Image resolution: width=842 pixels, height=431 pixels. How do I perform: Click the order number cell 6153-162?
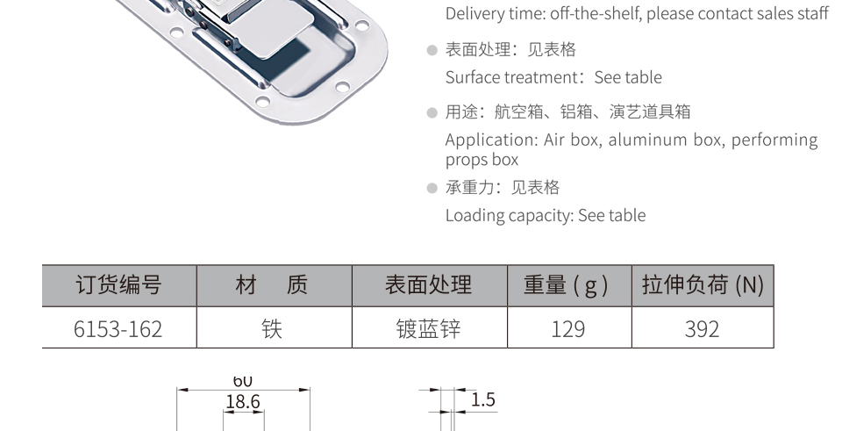point(118,329)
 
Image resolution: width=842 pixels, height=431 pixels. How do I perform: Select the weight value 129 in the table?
point(568,329)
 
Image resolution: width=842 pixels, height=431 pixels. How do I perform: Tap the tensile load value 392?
point(702,329)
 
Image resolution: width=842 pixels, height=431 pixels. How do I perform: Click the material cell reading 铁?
point(272,329)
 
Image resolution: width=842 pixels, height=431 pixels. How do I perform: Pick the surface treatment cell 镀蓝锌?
point(429,329)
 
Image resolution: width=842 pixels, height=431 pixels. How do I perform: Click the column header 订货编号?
point(118,284)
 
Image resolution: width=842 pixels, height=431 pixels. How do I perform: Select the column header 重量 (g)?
point(566,284)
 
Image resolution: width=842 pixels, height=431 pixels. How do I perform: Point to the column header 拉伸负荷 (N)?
point(703,284)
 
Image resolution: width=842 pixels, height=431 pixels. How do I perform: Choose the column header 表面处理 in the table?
point(429,284)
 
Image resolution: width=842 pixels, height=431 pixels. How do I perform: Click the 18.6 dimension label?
point(243,401)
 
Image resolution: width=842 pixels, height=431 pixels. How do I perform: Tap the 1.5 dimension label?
point(482,399)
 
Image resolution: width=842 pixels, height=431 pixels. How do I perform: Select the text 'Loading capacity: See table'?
point(546,216)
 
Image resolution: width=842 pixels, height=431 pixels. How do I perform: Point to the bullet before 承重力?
point(432,188)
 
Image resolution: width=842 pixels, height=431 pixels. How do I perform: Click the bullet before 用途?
point(432,113)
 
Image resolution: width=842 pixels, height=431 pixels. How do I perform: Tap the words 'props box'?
point(482,160)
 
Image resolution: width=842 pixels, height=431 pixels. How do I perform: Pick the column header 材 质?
point(272,284)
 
